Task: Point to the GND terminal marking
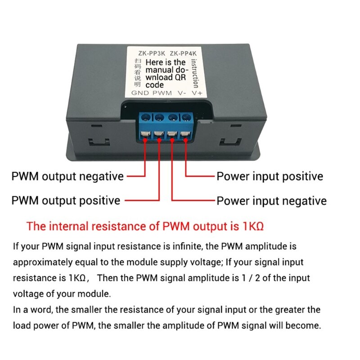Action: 140,93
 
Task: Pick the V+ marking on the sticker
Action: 197,93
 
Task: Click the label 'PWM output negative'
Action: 67,176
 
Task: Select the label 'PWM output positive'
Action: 66,200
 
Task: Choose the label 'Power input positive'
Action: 270,176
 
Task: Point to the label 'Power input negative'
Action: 272,200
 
